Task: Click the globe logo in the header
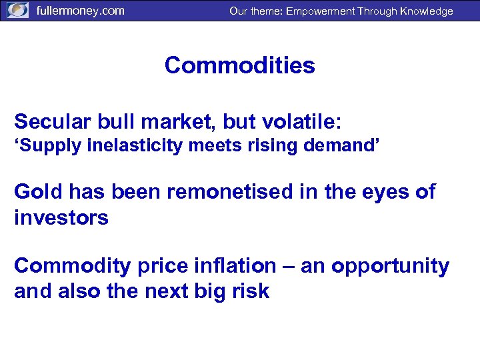click(17, 11)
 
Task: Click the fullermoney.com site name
click(80, 11)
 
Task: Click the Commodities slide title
click(239, 65)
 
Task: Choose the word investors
click(61, 217)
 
